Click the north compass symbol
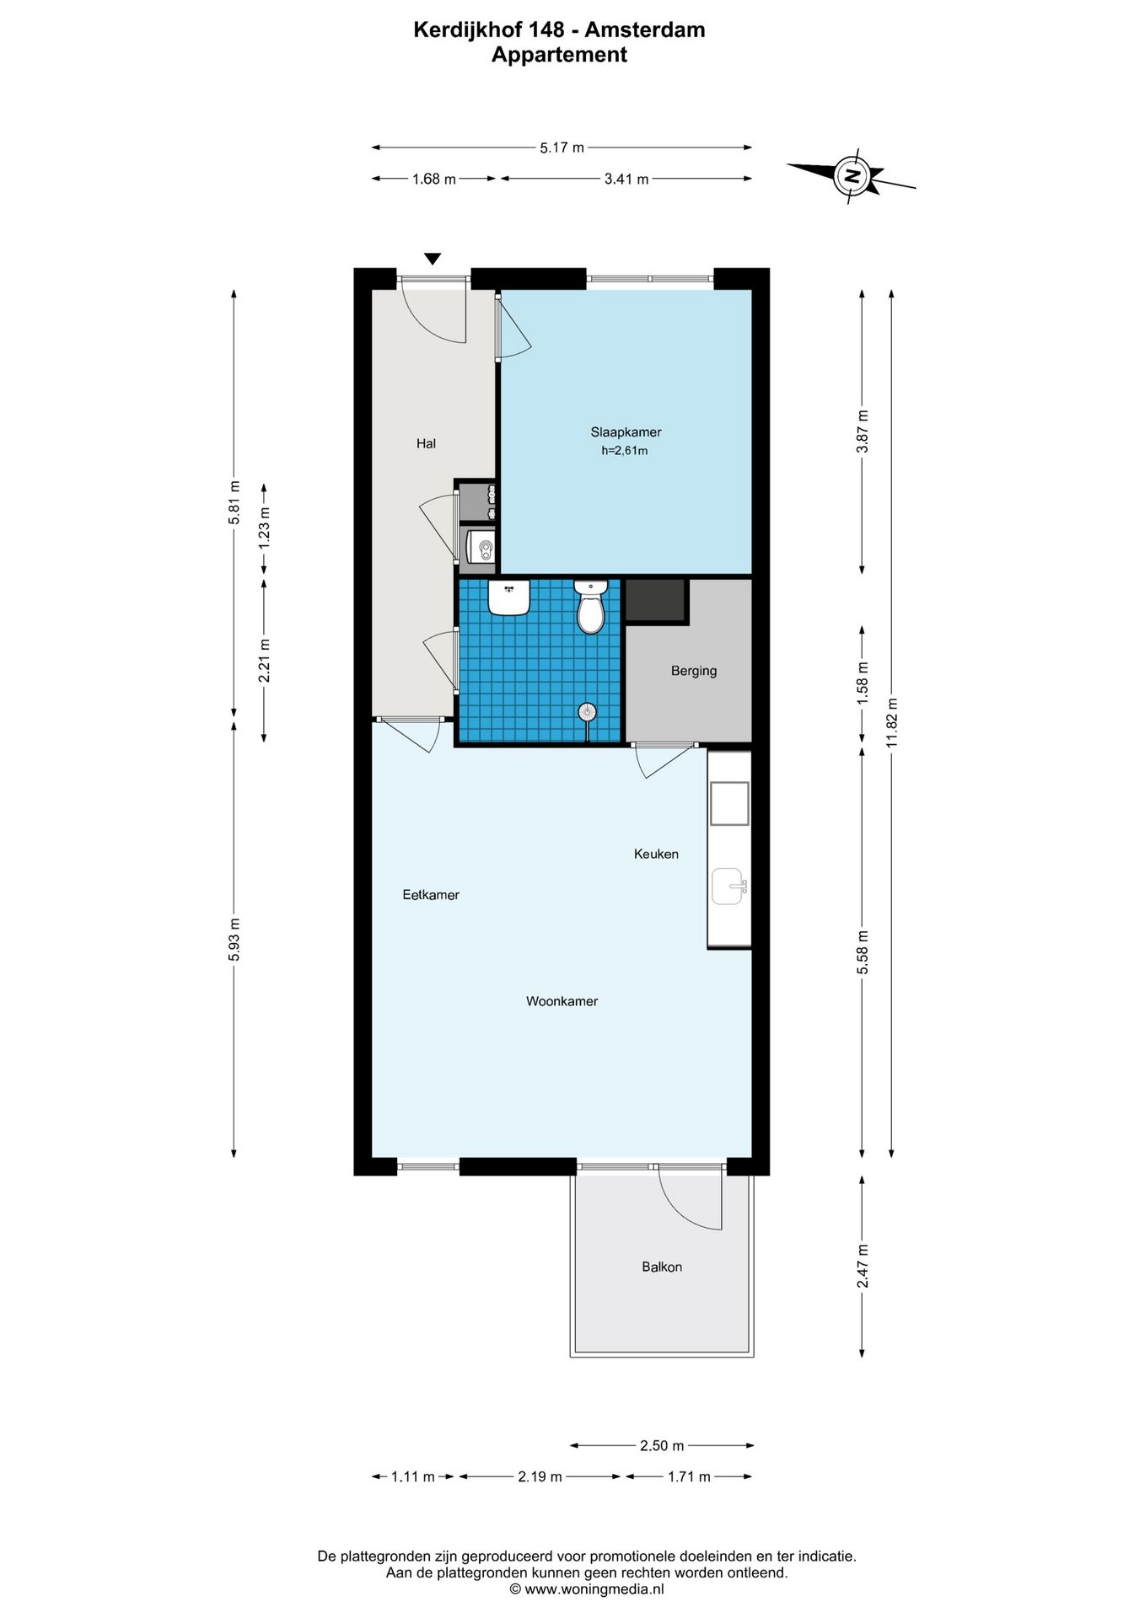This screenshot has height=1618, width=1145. click(852, 176)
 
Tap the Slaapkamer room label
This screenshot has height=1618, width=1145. click(626, 432)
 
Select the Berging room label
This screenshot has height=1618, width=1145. click(694, 671)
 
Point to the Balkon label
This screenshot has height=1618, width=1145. click(662, 1267)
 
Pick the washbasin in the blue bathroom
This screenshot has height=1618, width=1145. click(508, 597)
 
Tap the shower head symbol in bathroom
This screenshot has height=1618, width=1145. click(588, 713)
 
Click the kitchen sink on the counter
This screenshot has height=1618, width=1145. click(728, 886)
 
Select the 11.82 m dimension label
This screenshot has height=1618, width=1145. click(892, 723)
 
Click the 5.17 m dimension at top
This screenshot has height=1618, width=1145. click(562, 147)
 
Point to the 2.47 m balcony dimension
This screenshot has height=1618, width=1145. click(863, 1266)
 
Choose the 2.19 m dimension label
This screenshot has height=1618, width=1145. click(540, 1476)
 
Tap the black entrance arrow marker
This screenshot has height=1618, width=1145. click(433, 259)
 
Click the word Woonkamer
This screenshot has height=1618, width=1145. click(562, 1001)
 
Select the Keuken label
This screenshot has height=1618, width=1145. click(656, 854)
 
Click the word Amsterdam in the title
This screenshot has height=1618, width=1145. click(645, 30)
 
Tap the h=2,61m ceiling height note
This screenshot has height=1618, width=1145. click(625, 451)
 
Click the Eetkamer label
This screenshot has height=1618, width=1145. click(431, 895)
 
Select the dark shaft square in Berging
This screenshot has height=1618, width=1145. click(655, 600)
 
